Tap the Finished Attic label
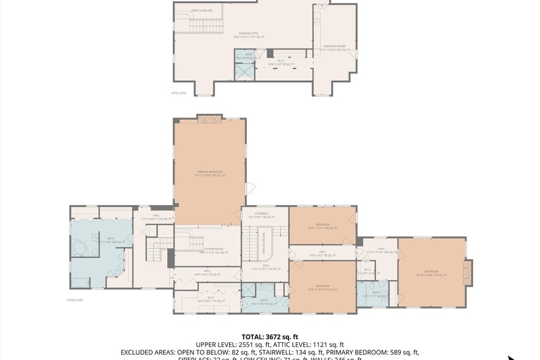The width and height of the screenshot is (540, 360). coord(249,35)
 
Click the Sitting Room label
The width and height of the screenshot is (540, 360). coord(202,250)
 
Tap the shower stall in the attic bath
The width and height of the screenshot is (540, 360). coord(246,72)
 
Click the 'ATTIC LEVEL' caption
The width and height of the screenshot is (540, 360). coord(179,93)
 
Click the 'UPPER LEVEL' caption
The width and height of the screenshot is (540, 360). coord(75,300)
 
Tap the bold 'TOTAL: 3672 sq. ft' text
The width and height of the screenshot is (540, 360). coord(270,337)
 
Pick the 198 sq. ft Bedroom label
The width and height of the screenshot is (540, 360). coord(322,226)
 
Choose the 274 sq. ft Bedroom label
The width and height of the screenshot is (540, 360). coord(322,288)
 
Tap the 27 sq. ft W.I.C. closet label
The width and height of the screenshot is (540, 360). coord(367,271)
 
